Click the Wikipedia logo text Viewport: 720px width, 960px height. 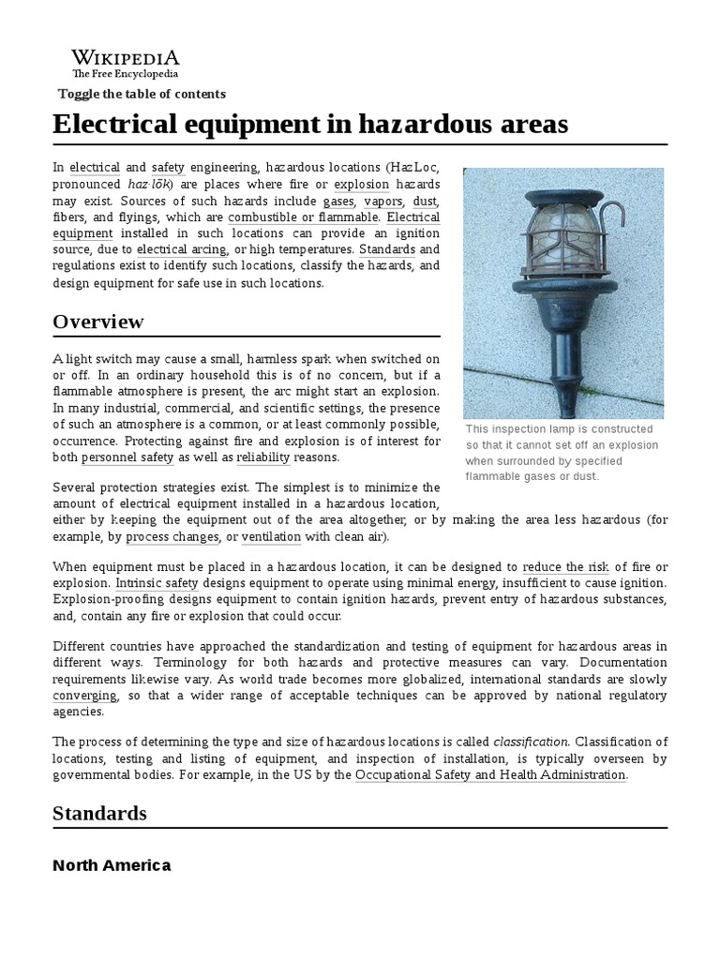click(126, 58)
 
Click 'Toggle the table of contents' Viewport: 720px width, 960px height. click(142, 94)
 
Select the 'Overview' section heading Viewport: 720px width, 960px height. click(98, 322)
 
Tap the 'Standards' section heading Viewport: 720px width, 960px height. click(99, 813)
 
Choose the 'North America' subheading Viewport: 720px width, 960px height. click(112, 865)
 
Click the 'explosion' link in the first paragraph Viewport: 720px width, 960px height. click(361, 185)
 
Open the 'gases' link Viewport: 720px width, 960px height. click(338, 202)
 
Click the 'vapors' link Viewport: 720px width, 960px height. click(383, 202)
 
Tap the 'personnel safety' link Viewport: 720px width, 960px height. click(127, 457)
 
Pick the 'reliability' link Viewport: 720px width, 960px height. click(263, 457)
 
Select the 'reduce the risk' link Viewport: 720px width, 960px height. click(566, 567)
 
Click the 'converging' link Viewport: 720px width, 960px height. click(85, 696)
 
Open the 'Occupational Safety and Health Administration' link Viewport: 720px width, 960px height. click(490, 775)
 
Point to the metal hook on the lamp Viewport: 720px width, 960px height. click(614, 217)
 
